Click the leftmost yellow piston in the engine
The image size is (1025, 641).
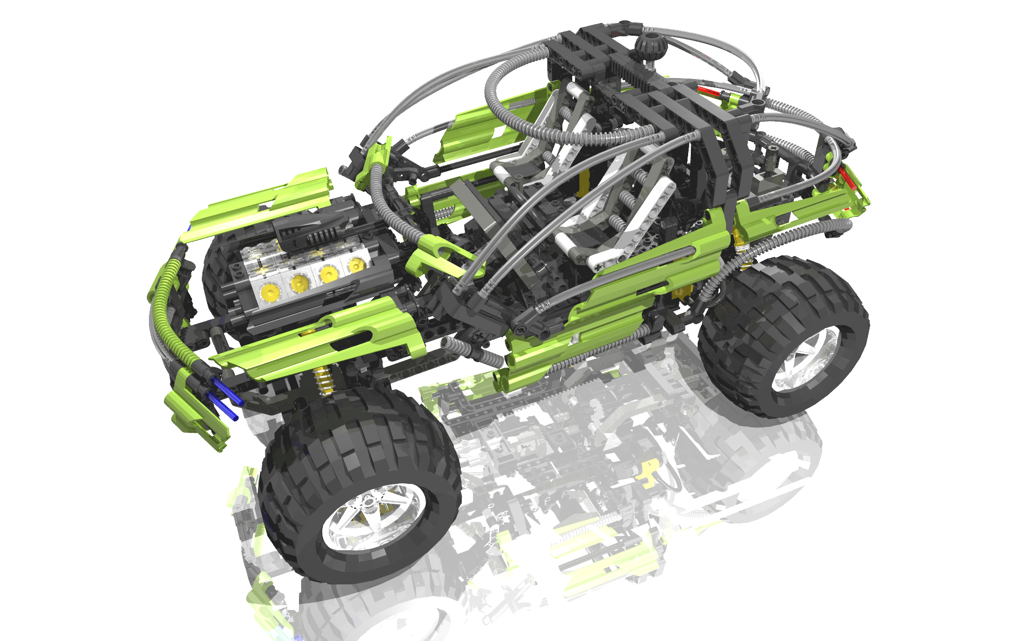(x=270, y=291)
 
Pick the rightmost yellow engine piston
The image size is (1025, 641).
(x=356, y=265)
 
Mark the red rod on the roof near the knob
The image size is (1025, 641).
(x=710, y=91)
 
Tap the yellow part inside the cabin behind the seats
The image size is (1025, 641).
(x=585, y=182)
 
